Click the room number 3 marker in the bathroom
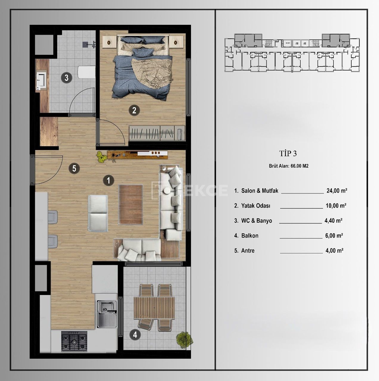(66, 78)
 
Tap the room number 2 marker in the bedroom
(134, 110)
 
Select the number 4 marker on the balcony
(135, 335)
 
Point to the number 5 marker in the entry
(74, 168)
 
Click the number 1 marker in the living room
(108, 180)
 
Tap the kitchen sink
(107, 314)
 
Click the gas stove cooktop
(74, 341)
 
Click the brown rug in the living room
(131, 204)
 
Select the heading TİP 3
(288, 154)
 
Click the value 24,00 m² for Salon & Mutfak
(337, 191)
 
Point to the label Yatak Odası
(256, 206)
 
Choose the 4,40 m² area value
(333, 221)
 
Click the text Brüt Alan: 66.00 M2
(288, 166)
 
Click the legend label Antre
(248, 251)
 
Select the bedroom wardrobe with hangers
(157, 133)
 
